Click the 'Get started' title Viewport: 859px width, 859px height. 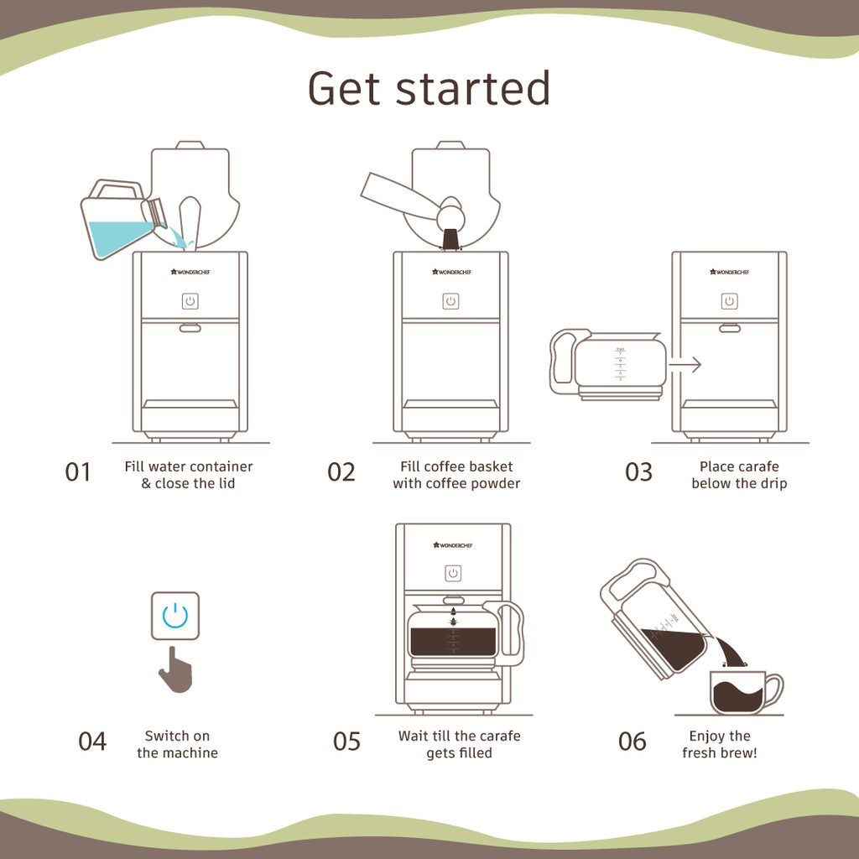pyautogui.click(x=429, y=88)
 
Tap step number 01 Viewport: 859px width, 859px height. pyautogui.click(x=77, y=472)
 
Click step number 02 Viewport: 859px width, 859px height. pyautogui.click(x=341, y=472)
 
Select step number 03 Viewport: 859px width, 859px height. pyautogui.click(x=638, y=472)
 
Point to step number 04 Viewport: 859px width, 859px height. pyautogui.click(x=92, y=742)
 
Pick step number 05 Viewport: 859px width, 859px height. pyautogui.click(x=346, y=742)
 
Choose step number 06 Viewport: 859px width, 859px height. pyautogui.click(x=633, y=742)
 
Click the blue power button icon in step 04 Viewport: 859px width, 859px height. pyautogui.click(x=175, y=617)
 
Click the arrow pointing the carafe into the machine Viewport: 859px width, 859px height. pyautogui.click(x=685, y=365)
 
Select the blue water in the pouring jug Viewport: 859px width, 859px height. pyautogui.click(x=122, y=237)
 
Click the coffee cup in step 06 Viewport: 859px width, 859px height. pyautogui.click(x=740, y=692)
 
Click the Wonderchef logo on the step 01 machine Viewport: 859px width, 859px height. pyautogui.click(x=190, y=271)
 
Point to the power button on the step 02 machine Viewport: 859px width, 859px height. pyautogui.click(x=451, y=301)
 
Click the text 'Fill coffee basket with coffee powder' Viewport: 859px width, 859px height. pyautogui.click(x=456, y=475)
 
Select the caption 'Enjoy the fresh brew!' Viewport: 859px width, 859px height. pyautogui.click(x=719, y=744)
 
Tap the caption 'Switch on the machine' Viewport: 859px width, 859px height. pyautogui.click(x=177, y=744)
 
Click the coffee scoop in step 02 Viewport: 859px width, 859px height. pyautogui.click(x=403, y=193)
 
